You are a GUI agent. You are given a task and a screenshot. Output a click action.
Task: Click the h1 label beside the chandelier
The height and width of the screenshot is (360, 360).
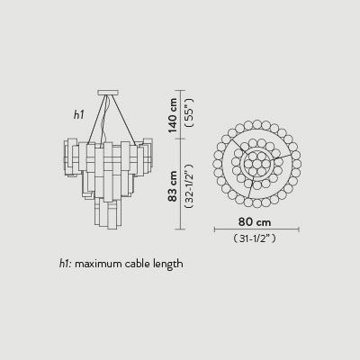[x=79, y=115]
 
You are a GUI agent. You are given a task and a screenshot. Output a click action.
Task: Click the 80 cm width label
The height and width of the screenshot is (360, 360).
[x=256, y=221]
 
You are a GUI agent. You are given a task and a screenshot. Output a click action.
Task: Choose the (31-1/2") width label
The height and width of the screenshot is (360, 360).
[x=256, y=239]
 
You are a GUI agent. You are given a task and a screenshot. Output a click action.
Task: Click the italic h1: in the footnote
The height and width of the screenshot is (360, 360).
[x=65, y=264]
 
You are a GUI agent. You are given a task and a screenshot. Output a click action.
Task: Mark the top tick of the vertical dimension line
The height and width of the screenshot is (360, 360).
[x=181, y=90]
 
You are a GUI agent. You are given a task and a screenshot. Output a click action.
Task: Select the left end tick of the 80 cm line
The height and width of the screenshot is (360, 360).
[x=214, y=229]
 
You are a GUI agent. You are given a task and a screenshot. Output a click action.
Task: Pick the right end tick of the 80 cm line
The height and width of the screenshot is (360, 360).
[x=300, y=229]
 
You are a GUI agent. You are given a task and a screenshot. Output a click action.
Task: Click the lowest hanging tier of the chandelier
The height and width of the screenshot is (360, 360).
[x=106, y=216]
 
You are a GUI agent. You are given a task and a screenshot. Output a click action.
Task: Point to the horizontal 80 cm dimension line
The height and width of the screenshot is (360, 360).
[x=256, y=229]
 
